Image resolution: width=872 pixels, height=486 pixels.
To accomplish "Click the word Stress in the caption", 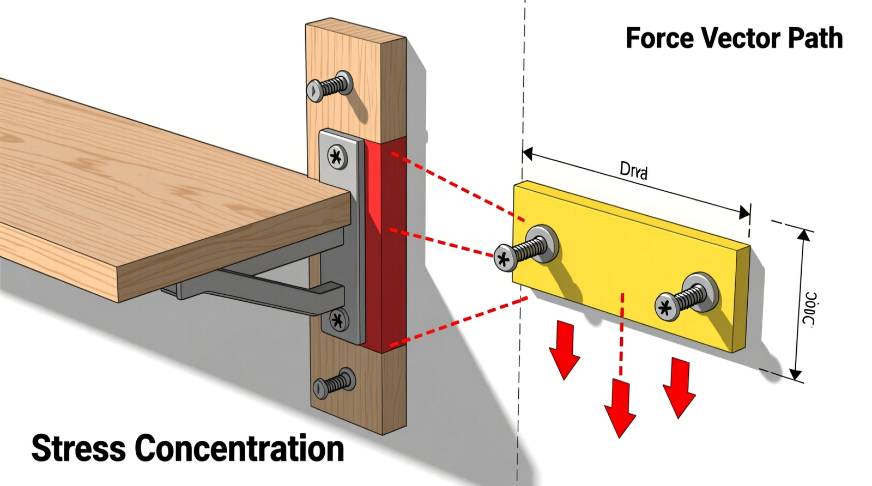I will pos(78,448).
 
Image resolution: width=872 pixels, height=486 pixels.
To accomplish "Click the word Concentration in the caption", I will pos(239,448).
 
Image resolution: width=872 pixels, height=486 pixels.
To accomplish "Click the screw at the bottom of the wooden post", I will pos(333,384).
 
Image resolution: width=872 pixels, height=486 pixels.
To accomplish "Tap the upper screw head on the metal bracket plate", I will pos(337,157).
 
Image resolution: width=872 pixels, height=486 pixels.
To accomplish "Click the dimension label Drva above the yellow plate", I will pos(634,171).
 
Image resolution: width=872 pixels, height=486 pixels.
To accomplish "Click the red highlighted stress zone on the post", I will pos(385,245).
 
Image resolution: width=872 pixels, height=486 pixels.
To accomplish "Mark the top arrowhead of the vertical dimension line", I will pos(804,235).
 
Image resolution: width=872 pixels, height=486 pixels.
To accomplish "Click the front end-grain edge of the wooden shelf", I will pos(234,248).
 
